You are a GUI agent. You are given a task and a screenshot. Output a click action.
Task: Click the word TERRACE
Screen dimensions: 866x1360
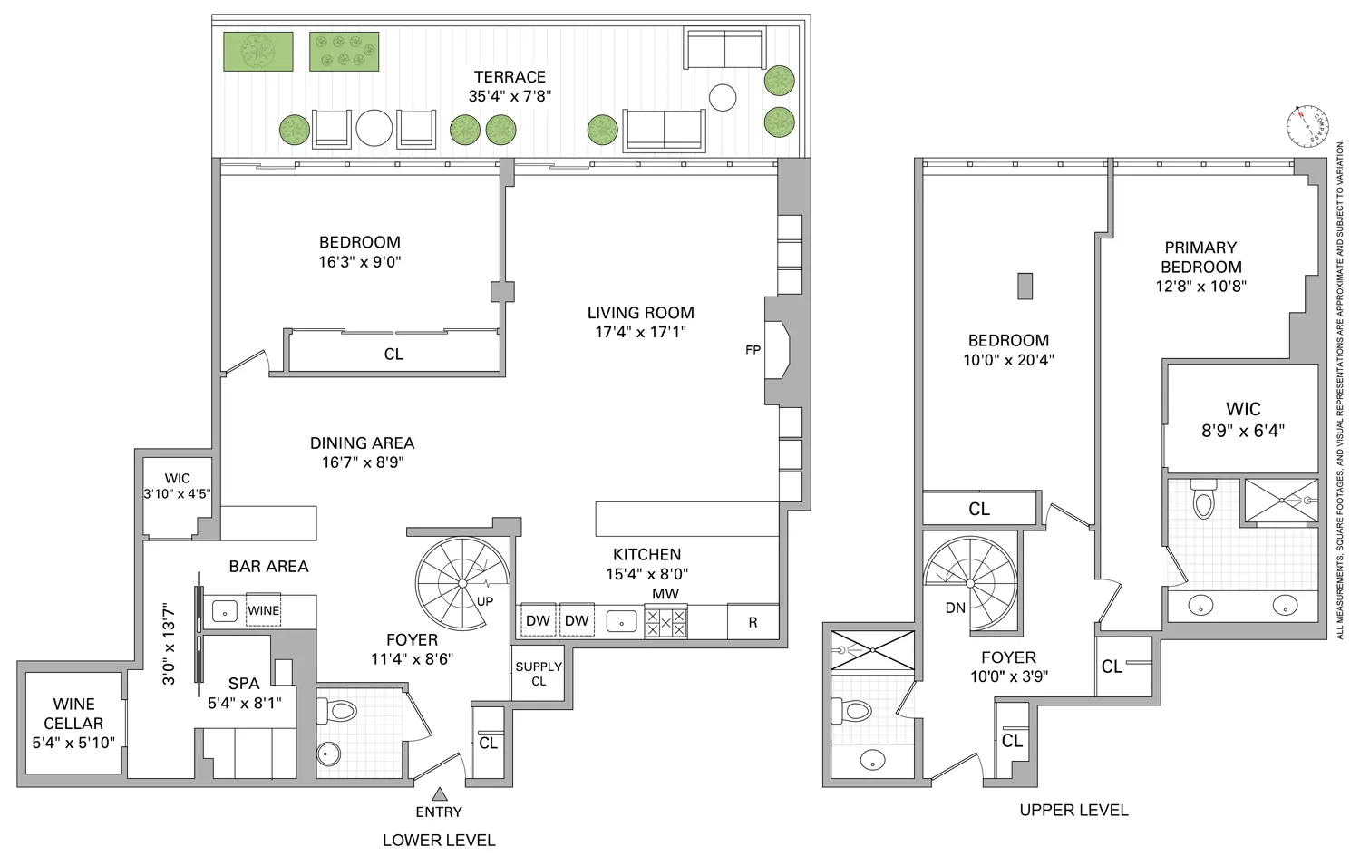point(510,77)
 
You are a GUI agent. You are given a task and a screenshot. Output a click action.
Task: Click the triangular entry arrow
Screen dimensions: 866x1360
point(439,793)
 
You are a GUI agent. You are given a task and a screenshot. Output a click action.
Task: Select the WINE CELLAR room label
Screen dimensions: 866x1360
point(73,714)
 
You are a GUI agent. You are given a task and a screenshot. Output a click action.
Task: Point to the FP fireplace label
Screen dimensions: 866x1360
point(753,350)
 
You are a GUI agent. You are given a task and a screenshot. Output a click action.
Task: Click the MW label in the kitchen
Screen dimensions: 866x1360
point(665,594)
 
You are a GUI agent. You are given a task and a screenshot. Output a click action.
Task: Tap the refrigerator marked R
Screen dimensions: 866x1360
point(753,622)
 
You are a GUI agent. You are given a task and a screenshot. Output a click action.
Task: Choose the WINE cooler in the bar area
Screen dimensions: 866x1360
point(263,610)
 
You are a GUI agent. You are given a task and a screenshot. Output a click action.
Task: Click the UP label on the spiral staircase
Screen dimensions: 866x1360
point(485,601)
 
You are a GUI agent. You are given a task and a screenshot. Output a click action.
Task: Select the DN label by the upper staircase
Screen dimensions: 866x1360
point(956,608)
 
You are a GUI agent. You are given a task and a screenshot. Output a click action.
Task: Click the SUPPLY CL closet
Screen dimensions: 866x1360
point(539,673)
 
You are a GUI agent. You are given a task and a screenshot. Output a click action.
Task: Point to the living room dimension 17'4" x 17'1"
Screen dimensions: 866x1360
point(640,332)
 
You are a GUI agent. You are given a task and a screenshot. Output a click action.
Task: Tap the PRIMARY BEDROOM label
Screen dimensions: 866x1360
point(1200,257)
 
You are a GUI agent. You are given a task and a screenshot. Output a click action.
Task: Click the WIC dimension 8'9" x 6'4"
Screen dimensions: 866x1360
point(1243,432)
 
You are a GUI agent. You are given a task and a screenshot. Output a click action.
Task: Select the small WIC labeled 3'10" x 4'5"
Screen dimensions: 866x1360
point(178,486)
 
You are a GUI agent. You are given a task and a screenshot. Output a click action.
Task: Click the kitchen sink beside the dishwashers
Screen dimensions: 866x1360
point(621,621)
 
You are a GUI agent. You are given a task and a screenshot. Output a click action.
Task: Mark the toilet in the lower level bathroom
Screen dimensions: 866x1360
point(339,710)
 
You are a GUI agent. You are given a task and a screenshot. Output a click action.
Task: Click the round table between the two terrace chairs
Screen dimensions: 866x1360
point(374,128)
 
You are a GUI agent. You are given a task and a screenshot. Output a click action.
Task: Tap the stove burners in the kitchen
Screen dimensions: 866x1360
point(665,621)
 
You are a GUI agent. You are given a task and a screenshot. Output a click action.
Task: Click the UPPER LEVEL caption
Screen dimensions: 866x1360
point(1073,810)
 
